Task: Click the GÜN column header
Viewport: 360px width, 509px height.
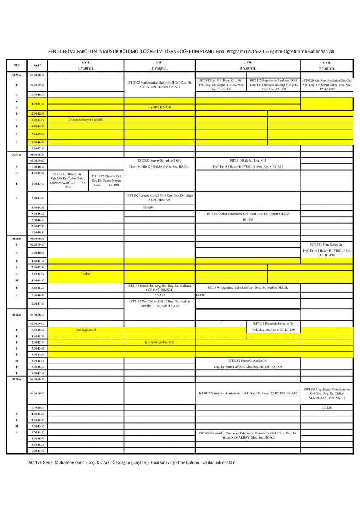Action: [17, 65]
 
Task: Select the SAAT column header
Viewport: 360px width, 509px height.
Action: [37, 65]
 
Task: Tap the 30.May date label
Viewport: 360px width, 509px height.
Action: [17, 75]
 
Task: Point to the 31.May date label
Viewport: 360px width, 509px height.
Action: [17, 155]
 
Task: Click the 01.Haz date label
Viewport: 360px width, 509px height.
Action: [17, 238]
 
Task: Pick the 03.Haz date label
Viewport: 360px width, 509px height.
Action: [17, 379]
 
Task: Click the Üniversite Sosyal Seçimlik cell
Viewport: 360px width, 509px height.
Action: [86, 120]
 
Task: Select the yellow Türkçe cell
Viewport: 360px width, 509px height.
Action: [86, 274]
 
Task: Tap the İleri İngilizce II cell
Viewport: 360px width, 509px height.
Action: [86, 330]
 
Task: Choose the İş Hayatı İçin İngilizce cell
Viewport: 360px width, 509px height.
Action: [160, 342]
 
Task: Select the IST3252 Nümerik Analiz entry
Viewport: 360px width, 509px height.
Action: [248, 363]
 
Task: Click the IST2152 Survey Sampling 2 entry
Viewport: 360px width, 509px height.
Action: [160, 164]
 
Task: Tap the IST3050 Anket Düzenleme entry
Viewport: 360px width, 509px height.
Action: [248, 217]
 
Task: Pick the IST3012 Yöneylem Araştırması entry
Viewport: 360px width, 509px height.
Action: [248, 393]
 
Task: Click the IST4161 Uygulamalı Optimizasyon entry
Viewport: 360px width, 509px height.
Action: [327, 393]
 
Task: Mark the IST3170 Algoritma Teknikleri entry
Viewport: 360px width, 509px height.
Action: [248, 288]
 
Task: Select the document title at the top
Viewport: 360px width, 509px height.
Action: [180, 51]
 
